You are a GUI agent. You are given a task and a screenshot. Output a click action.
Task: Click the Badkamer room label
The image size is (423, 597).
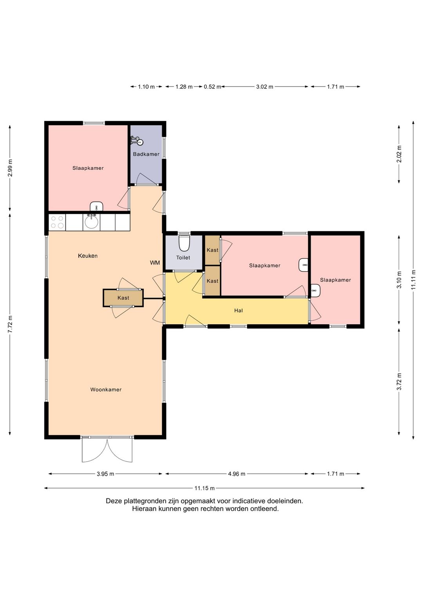coord(146,154)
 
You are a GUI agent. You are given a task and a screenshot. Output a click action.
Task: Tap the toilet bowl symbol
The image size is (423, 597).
coord(184,243)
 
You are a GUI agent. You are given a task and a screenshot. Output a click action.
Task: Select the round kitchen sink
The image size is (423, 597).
coord(92,223)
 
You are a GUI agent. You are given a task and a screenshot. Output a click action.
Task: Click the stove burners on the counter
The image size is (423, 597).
coord(57,222)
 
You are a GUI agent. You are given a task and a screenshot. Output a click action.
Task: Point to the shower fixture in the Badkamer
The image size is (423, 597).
coord(137,141)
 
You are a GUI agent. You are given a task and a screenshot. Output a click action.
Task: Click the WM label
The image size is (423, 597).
coord(155,263)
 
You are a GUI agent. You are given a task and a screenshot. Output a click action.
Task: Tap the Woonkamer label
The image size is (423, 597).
coord(106,390)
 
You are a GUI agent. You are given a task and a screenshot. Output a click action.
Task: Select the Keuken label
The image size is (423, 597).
coord(87,256)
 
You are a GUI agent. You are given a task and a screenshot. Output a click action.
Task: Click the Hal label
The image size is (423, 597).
coord(238,311)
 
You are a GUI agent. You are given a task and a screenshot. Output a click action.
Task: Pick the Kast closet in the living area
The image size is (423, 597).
coord(123,298)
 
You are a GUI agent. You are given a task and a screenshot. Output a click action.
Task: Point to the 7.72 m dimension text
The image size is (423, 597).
coord(10,324)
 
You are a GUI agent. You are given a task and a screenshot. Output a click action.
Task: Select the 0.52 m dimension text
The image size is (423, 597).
coord(212,86)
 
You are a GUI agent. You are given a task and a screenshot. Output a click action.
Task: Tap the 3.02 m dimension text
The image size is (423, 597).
coord(264,86)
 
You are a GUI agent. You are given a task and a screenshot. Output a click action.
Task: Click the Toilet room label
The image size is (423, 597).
coord(183,257)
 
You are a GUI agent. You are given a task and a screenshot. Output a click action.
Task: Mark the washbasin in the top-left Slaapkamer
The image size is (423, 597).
coord(96,206)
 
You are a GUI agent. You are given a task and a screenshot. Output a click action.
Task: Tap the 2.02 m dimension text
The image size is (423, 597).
coord(399,154)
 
